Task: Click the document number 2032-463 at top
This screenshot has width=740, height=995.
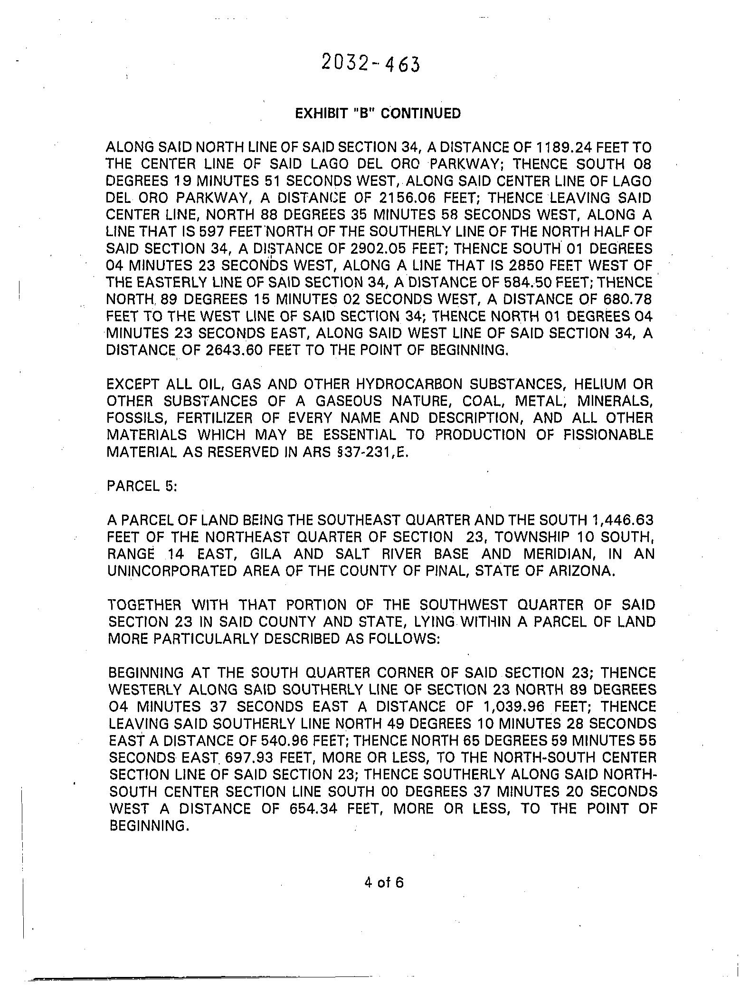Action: tap(370, 63)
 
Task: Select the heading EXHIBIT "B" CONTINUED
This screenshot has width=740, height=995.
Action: tap(378, 114)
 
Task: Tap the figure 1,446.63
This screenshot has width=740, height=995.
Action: tap(620, 520)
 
